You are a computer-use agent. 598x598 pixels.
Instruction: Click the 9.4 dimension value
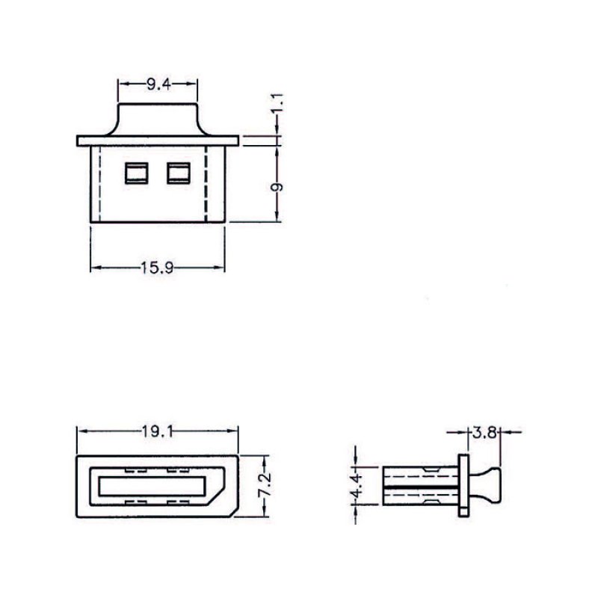(158, 84)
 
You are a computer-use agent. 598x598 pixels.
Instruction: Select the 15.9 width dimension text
(157, 268)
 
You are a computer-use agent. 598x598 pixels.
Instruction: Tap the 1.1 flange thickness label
(277, 102)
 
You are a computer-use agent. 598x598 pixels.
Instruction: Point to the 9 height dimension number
(277, 187)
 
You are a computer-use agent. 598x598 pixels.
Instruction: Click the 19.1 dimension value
(158, 432)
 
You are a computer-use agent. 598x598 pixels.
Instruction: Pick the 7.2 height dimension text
(265, 484)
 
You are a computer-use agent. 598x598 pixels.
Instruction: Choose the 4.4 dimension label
(356, 485)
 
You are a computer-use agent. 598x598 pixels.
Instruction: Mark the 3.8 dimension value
(484, 433)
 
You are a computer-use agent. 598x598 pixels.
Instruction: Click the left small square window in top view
(137, 173)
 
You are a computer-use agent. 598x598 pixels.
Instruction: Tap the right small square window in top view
(179, 173)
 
